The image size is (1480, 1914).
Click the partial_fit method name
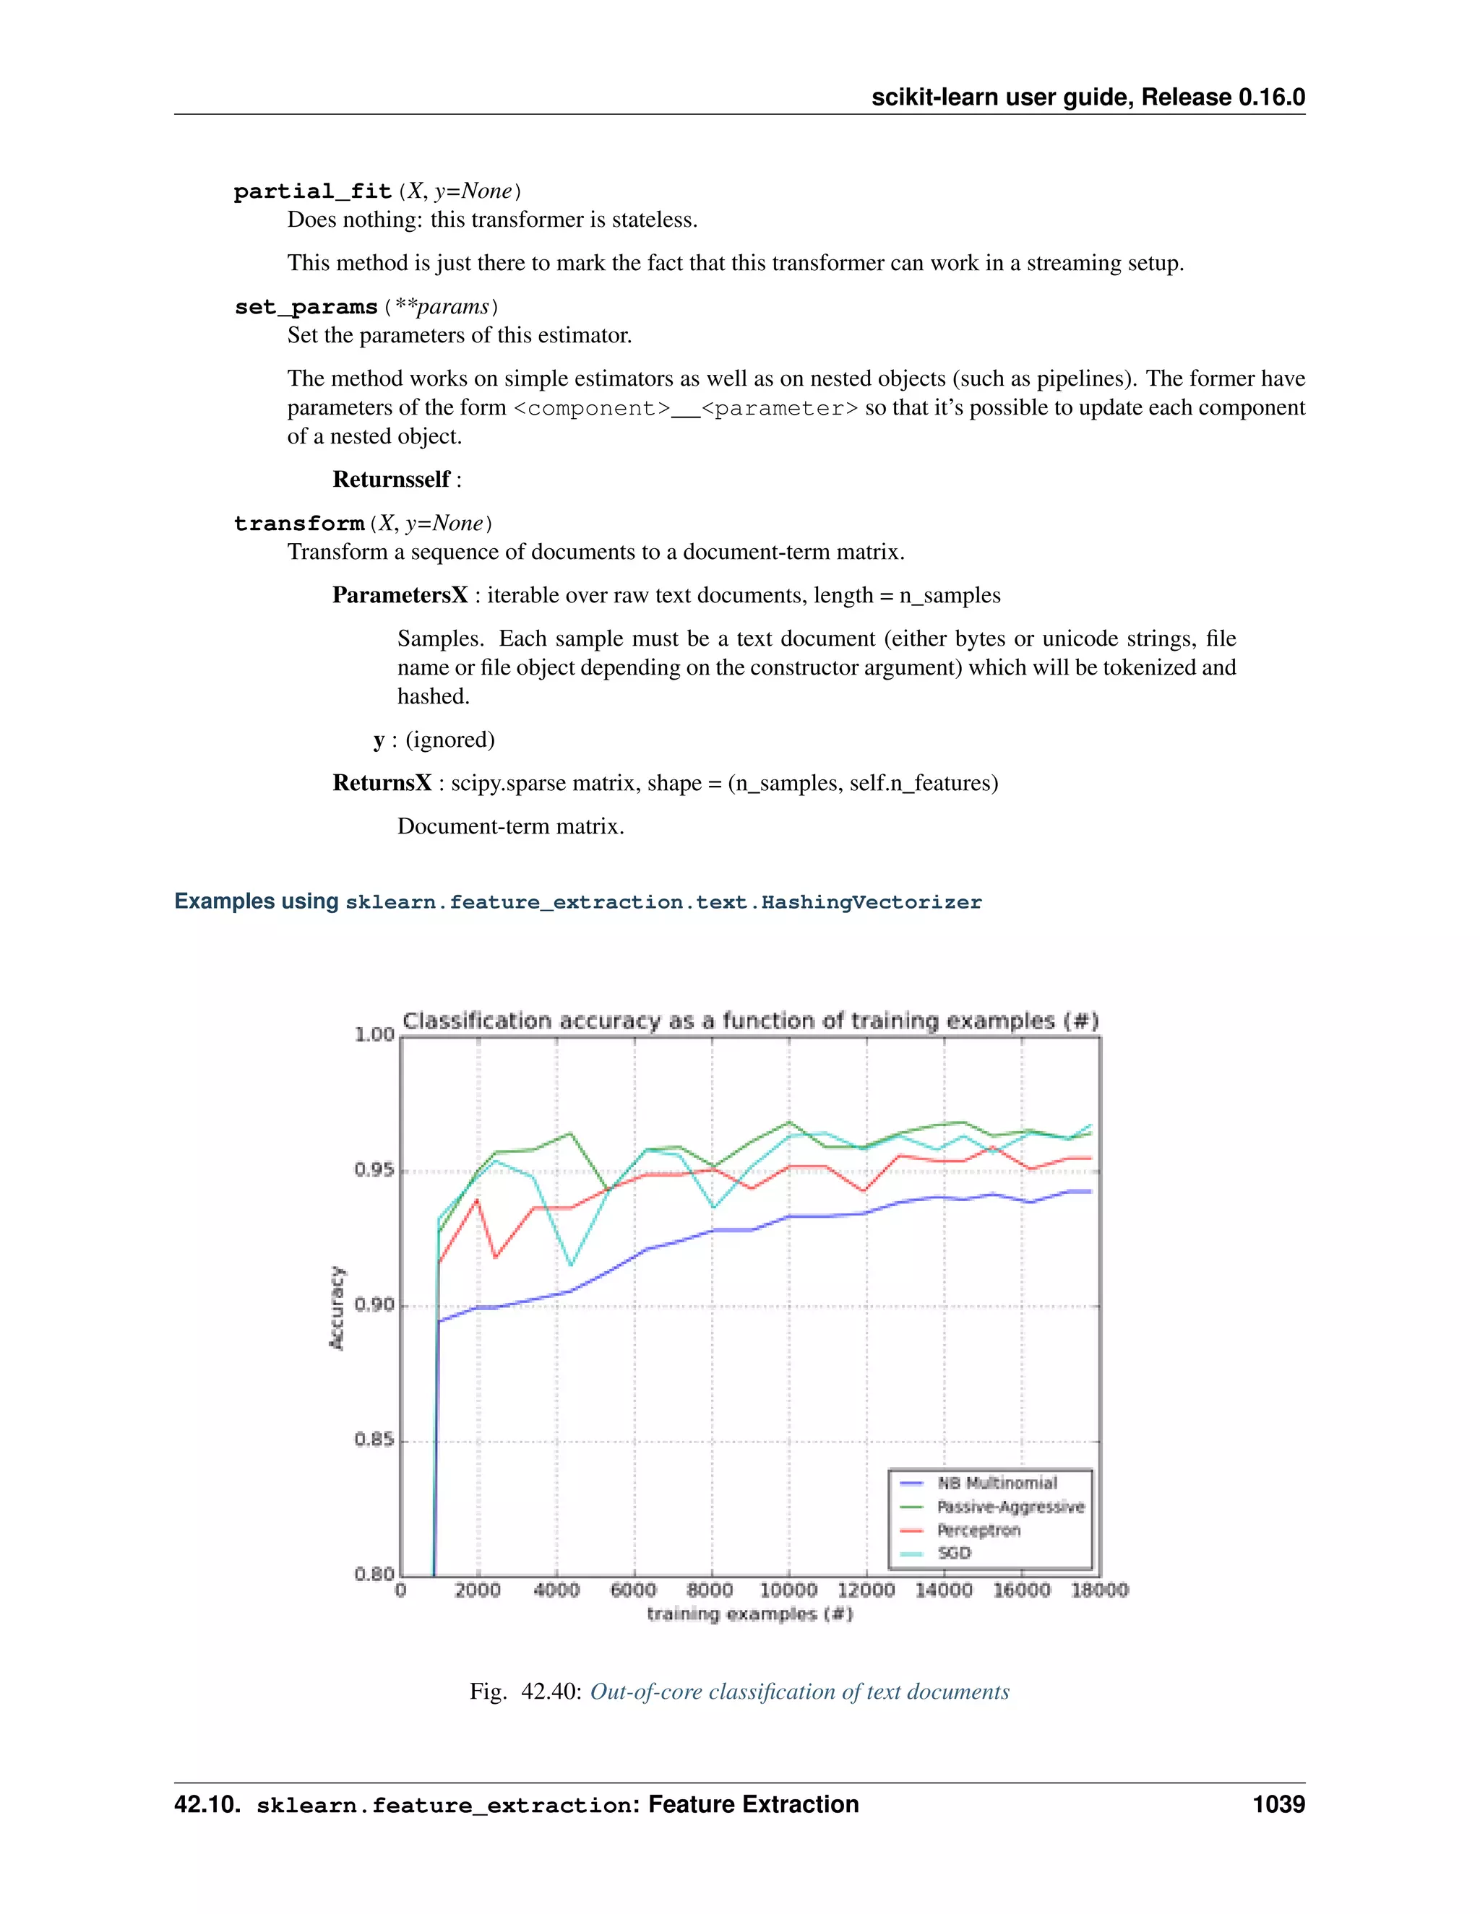(312, 191)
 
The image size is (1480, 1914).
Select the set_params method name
(306, 307)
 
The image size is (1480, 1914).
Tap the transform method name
(299, 523)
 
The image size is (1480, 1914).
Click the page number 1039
(1278, 1803)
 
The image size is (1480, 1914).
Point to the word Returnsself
(391, 480)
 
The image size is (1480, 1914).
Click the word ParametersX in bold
(400, 595)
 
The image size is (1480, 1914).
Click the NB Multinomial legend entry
(997, 1483)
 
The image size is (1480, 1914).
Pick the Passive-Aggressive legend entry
(1010, 1507)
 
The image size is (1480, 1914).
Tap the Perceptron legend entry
(978, 1530)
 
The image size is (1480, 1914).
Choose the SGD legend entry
(954, 1553)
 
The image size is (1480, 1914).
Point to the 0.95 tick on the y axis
(374, 1171)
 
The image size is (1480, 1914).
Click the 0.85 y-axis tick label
(374, 1440)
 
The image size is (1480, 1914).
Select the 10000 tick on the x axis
(788, 1590)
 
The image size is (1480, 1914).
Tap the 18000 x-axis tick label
(1099, 1590)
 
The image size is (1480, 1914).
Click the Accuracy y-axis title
(337, 1307)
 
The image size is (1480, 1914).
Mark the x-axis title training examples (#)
(749, 1614)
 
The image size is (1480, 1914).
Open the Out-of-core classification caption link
(800, 1692)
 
